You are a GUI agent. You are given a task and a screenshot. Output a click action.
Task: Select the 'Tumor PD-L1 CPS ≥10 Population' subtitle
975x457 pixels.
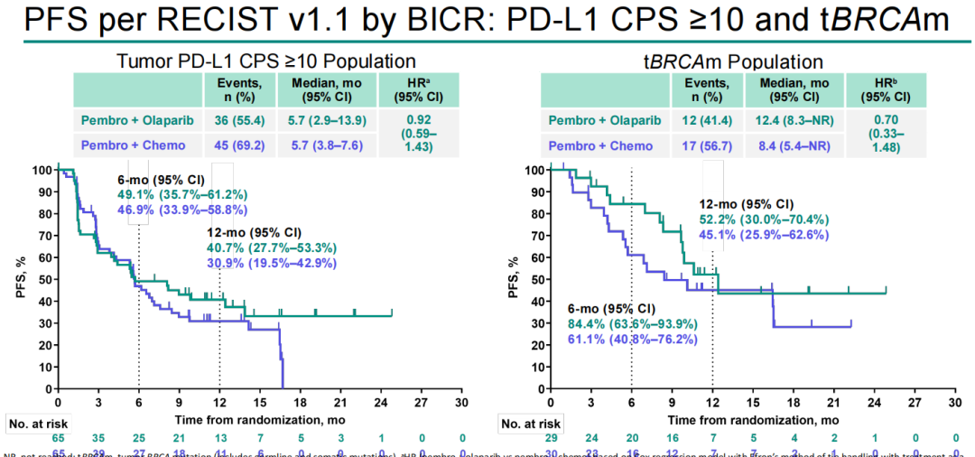266,62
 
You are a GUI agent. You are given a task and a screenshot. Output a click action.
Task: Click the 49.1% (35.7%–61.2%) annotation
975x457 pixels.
181,194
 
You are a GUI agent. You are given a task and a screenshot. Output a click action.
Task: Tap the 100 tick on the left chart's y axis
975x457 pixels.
40,170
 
